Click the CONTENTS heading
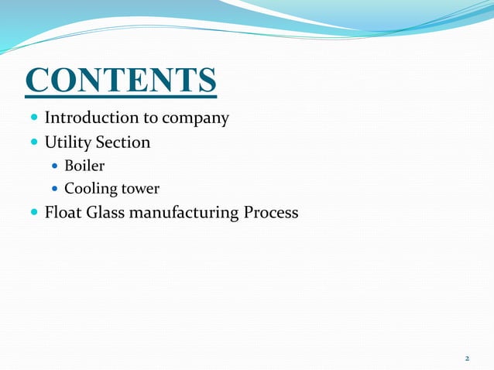tap(121, 81)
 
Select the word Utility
tap(68, 142)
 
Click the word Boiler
tap(84, 166)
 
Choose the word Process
tap(271, 211)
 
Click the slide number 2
tap(467, 358)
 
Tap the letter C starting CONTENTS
tap(39, 81)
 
